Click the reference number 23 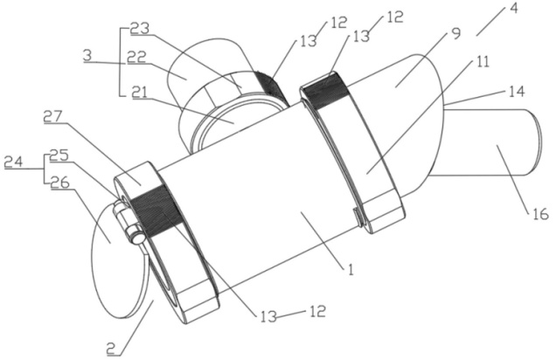(x=140, y=29)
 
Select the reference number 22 (x=137, y=58)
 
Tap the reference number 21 (x=140, y=93)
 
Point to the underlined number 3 (x=87, y=56)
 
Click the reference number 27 (x=52, y=116)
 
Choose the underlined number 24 (x=13, y=162)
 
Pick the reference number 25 (x=59, y=156)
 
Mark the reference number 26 (x=60, y=183)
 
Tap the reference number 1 (x=351, y=270)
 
